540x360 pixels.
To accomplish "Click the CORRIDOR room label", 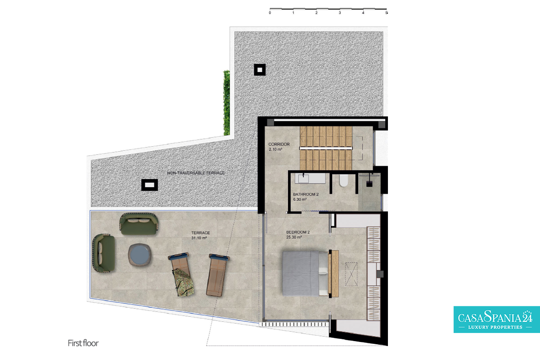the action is [x=279, y=144].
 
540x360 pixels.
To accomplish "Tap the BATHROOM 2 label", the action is [x=306, y=194].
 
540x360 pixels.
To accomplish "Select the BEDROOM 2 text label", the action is [x=298, y=232].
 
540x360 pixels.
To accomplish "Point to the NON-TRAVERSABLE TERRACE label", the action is [x=196, y=173].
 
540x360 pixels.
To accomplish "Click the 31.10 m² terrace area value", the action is [x=199, y=238].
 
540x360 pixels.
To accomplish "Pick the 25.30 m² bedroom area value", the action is [x=294, y=237].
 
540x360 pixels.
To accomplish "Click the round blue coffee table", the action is [x=139, y=255].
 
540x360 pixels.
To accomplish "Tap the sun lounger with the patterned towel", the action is [x=181, y=274].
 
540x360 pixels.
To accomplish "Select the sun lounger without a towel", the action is [x=217, y=275].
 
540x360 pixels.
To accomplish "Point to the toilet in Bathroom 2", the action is [x=344, y=180].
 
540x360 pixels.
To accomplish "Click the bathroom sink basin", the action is [x=303, y=179].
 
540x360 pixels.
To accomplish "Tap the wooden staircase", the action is [x=326, y=148].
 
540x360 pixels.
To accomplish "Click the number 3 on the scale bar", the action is [x=340, y=13].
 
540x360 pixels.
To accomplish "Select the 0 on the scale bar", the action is [x=270, y=13].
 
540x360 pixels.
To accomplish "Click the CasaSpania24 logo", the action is [x=497, y=319].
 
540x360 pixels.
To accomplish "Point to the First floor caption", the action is [x=83, y=343].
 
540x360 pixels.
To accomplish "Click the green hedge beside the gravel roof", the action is [x=226, y=103].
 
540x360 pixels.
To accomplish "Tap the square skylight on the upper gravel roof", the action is [x=260, y=70].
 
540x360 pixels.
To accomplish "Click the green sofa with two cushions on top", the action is [x=139, y=224].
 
